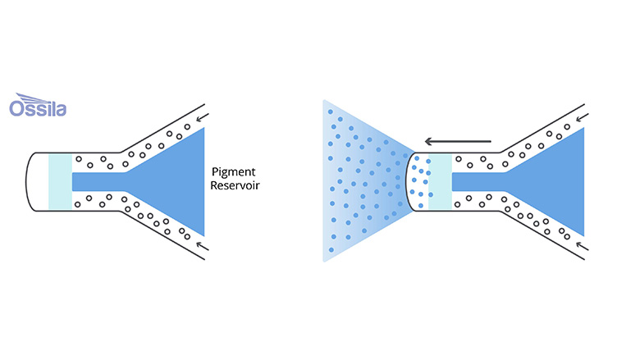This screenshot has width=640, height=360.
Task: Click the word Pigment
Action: (x=234, y=173)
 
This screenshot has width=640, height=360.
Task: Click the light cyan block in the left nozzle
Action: (x=60, y=180)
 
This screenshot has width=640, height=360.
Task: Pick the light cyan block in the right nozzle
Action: (x=440, y=180)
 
